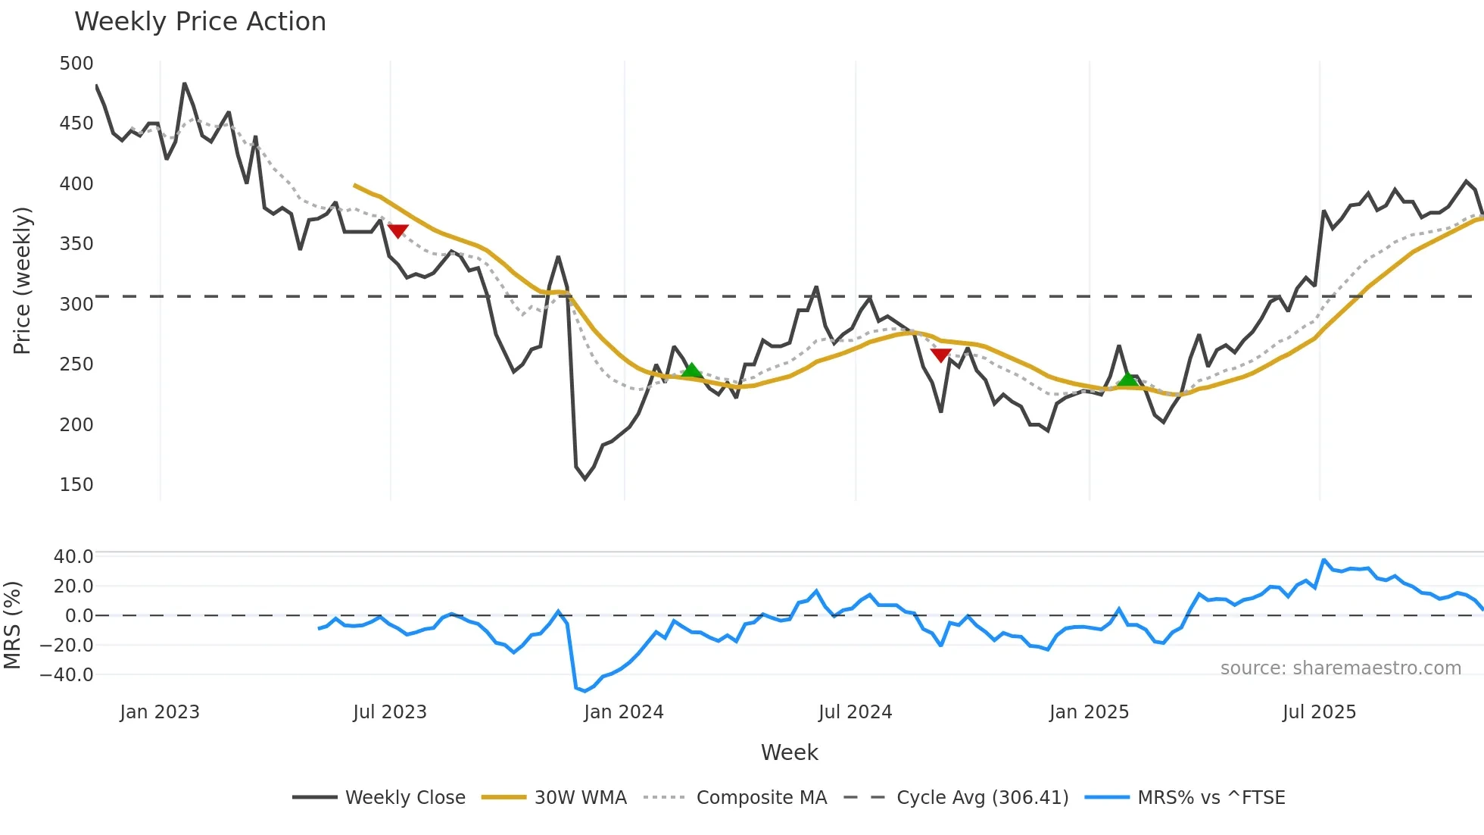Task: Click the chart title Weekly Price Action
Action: coord(200,22)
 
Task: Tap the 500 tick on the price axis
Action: coord(76,64)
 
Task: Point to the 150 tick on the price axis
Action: coord(76,485)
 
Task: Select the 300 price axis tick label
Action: coord(76,305)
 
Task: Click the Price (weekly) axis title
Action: coord(23,280)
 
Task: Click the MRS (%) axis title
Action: coord(13,625)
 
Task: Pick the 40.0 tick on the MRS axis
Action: coord(73,557)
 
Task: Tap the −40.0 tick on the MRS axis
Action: coord(67,675)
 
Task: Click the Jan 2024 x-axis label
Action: coord(623,712)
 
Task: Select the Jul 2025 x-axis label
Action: coord(1319,712)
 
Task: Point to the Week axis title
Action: coord(789,752)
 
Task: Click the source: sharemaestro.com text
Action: coord(1340,668)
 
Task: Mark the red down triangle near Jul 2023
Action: coord(397,231)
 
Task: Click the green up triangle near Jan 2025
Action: coord(1128,379)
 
